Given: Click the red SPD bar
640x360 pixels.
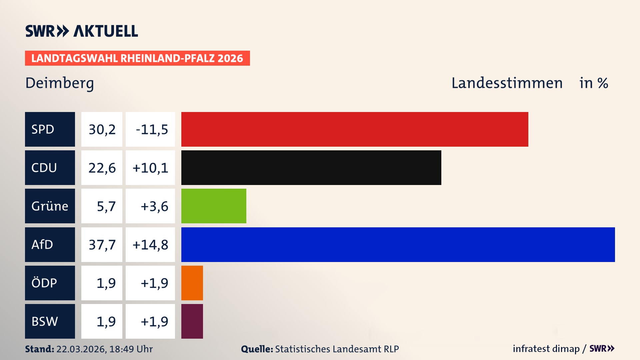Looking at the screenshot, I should coord(355,129).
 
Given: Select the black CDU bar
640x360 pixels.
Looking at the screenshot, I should coord(311,168).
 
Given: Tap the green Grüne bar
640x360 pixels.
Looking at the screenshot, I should coord(214,206).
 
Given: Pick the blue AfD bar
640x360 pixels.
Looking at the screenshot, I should coord(398,245).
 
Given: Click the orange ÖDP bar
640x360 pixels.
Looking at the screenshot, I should coord(192,283).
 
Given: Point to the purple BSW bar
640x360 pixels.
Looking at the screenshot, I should coord(192,321).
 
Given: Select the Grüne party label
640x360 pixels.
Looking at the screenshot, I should coord(50,206).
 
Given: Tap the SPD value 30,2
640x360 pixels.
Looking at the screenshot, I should coord(102,129).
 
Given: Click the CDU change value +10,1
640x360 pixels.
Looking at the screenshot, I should coord(150,168).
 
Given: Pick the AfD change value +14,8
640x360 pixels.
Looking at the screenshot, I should coord(150,245).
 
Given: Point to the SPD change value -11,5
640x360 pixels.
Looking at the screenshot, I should coord(152,129).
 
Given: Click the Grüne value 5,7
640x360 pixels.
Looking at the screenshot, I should coord(106,206).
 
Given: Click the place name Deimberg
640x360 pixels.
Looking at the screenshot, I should coord(60,83).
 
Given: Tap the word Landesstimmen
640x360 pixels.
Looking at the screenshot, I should coord(507,83).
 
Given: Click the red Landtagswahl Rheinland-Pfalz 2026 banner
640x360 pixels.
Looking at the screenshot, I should coord(137,58).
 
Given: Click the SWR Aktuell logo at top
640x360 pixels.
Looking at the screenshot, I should coord(82,31).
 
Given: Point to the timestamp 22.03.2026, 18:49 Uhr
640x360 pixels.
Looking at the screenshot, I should coord(104,349).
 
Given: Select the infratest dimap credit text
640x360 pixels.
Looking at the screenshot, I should coord(546,349).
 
